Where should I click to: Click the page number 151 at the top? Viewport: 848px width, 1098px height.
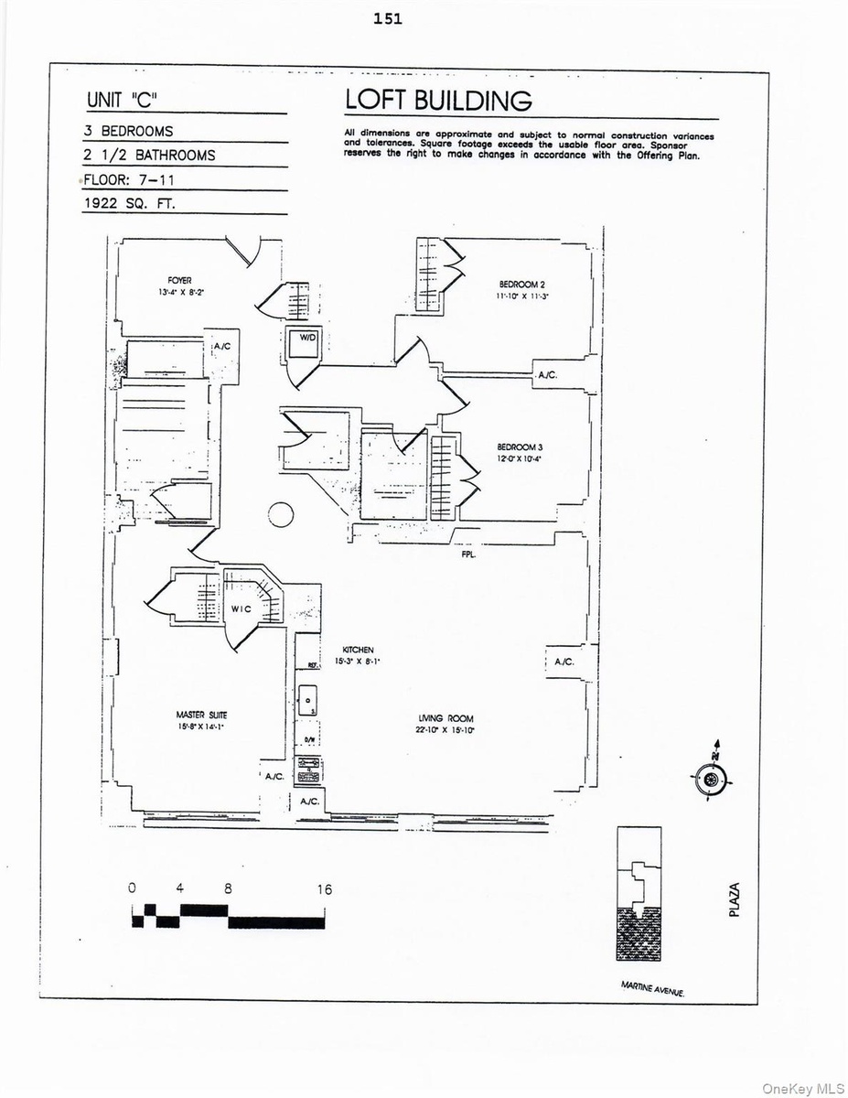(388, 18)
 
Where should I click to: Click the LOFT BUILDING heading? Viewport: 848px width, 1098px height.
(437, 100)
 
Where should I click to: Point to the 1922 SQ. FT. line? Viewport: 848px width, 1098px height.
(129, 205)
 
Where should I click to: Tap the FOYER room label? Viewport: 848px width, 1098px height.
(178, 280)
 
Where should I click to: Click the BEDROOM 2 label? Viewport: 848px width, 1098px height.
(522, 285)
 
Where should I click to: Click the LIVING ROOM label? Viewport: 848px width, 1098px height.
(446, 718)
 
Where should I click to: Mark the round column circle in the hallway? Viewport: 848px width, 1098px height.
(282, 514)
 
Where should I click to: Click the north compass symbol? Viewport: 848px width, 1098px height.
(712, 778)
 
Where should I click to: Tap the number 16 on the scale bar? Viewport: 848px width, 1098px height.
(325, 888)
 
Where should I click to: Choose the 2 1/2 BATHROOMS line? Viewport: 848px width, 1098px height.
(149, 155)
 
